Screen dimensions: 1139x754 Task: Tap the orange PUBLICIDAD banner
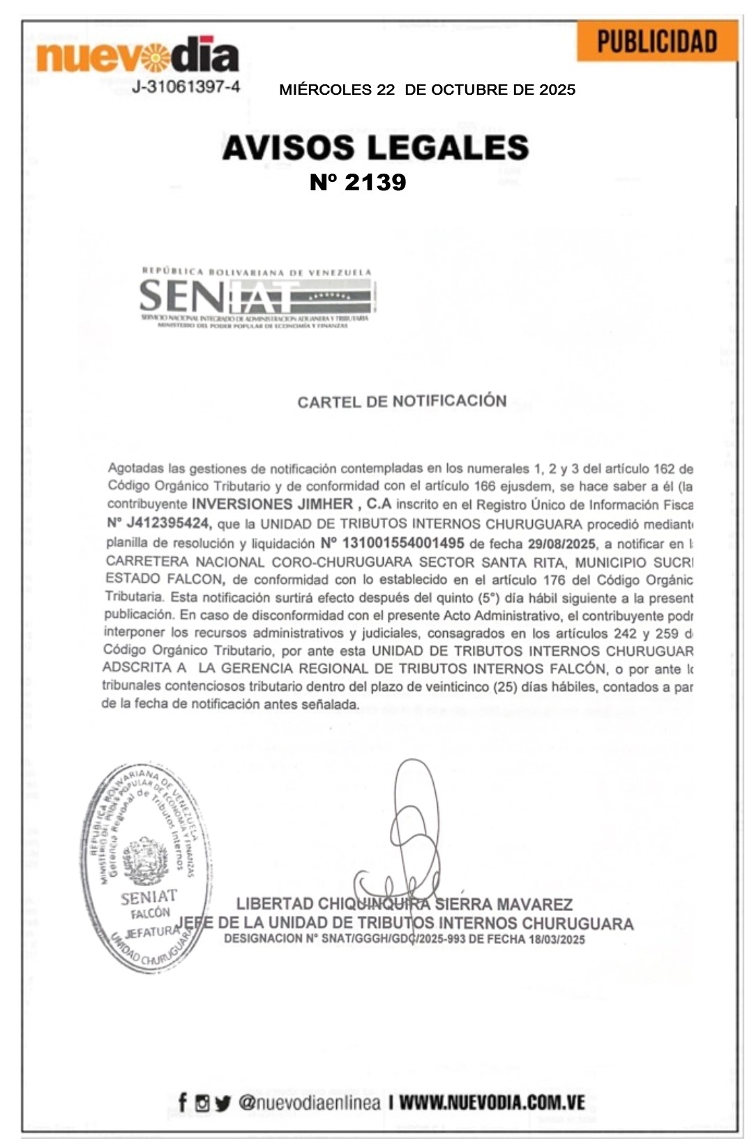tap(657, 42)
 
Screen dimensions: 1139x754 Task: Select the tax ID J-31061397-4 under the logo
tap(186, 87)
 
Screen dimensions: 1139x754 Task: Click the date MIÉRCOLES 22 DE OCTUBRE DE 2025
tap(427, 90)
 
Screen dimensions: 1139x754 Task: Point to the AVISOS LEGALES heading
tap(375, 147)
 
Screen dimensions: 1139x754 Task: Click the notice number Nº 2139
tap(358, 182)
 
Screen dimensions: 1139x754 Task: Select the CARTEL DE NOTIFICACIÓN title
tap(402, 402)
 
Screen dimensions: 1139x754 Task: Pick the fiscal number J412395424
tap(167, 523)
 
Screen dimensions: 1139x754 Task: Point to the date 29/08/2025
tap(561, 544)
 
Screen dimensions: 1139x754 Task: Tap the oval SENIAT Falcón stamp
tap(147, 867)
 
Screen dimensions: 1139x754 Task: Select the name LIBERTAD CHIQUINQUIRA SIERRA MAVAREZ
tap(404, 904)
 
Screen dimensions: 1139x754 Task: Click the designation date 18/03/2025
tap(557, 939)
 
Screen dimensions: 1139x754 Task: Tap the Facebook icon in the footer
tap(183, 1102)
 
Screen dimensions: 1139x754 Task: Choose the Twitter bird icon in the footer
tap(222, 1103)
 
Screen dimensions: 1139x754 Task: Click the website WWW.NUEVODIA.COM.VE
tap(491, 1102)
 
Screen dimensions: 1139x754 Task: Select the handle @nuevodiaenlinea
tap(309, 1102)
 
